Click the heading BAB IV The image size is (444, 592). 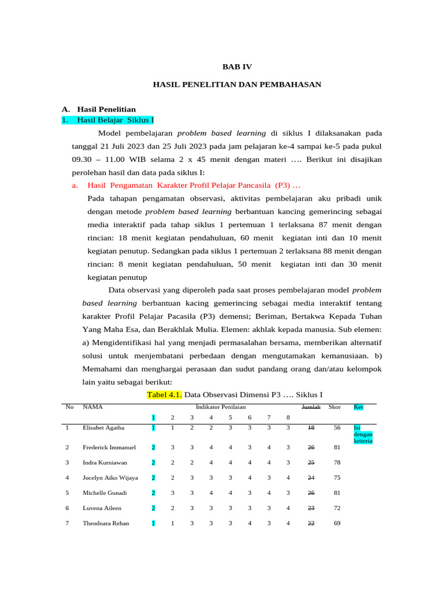point(237,67)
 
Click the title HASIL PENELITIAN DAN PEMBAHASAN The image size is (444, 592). point(237,84)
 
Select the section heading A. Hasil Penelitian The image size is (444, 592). point(99,109)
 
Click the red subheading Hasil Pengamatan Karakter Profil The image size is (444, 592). point(194,186)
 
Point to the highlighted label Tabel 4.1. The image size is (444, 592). point(164,394)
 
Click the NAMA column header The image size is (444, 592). point(92,407)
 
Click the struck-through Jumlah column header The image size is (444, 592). point(311,407)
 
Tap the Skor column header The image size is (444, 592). point(334,407)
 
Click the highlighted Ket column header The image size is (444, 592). point(358,407)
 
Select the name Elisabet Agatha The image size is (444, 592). point(104,428)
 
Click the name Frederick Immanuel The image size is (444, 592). point(109,447)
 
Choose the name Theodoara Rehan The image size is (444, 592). point(106,523)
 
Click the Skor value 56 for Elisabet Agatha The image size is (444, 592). point(336,428)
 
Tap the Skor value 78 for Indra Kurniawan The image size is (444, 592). point(336,462)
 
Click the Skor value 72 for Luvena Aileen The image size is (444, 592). point(336,508)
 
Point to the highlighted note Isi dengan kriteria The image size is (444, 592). point(363,435)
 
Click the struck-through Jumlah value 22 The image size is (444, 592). point(311,523)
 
